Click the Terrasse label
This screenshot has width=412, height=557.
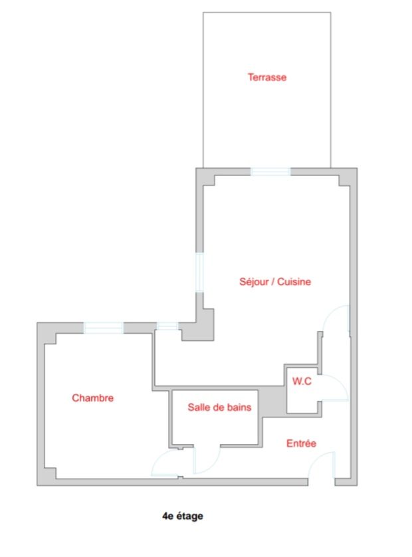(266, 77)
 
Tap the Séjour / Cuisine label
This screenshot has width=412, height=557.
(275, 282)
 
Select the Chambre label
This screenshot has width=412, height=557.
(93, 398)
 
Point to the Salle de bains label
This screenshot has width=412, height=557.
(219, 407)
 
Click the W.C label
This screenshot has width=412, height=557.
(302, 381)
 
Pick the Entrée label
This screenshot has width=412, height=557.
(301, 443)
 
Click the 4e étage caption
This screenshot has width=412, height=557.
(183, 516)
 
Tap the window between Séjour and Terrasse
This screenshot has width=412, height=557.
(270, 171)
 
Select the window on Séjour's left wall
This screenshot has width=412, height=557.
(199, 272)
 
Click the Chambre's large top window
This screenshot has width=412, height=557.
(104, 328)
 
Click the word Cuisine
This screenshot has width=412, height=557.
(294, 282)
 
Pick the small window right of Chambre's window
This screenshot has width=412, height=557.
(167, 326)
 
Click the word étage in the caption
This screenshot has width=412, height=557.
(189, 516)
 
